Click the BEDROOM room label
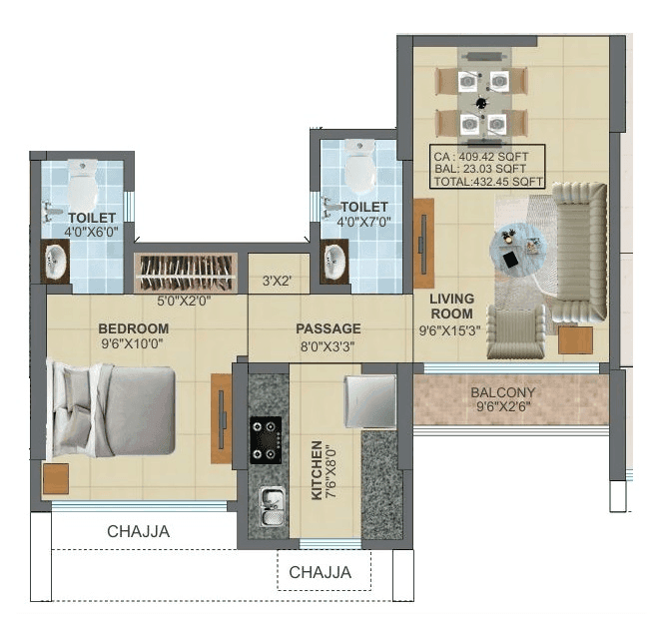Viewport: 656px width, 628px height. (133, 327)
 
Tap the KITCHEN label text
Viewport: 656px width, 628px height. (317, 469)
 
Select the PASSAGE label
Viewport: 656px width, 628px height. (328, 328)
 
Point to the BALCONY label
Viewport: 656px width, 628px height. (503, 392)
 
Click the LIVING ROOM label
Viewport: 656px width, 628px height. (451, 306)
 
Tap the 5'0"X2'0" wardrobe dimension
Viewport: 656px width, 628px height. (185, 300)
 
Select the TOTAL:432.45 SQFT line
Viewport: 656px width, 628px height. (488, 182)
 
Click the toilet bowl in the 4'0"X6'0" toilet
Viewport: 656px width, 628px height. (83, 181)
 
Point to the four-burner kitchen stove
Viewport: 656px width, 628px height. (266, 440)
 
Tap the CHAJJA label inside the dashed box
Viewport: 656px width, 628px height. (320, 573)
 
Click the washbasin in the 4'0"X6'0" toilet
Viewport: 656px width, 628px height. (56, 263)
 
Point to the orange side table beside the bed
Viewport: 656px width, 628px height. (55, 477)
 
